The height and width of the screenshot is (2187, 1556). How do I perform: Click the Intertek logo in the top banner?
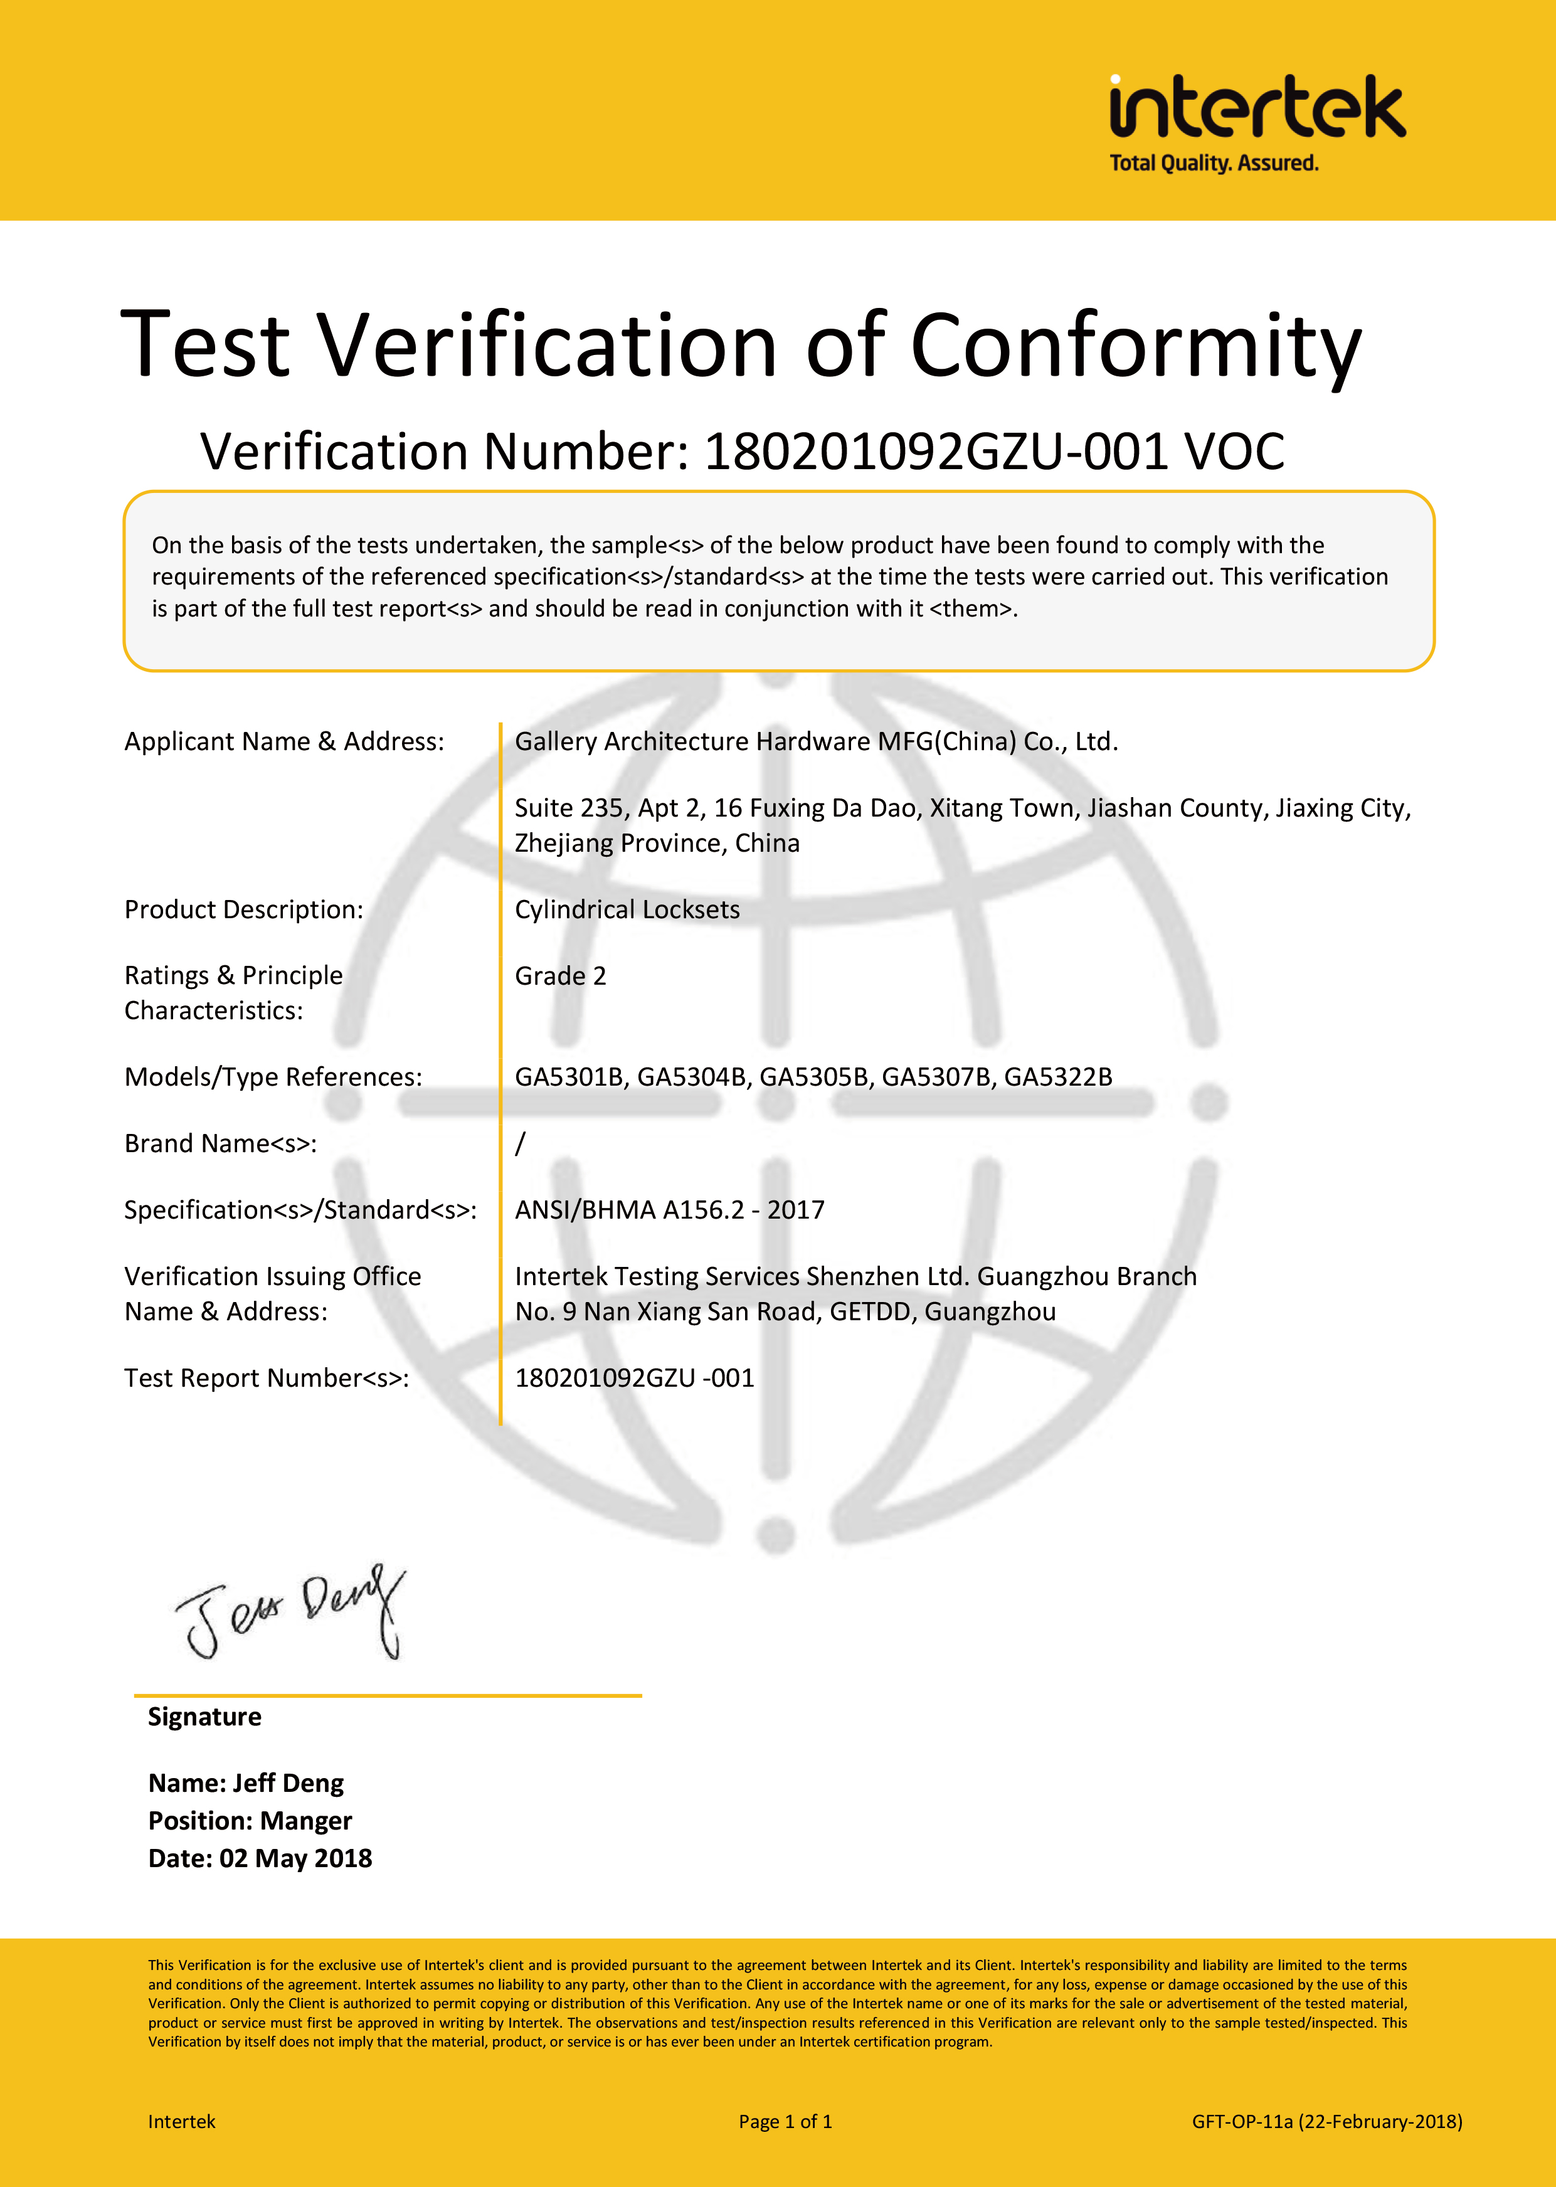[1257, 107]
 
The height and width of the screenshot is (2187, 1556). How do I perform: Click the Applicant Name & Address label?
[285, 741]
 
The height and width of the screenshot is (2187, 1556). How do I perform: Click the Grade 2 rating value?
[561, 976]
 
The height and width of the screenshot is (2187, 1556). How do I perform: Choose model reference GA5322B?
[1058, 1077]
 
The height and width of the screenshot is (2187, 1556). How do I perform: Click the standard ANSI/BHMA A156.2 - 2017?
[669, 1210]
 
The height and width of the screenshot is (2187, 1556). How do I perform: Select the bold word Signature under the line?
[204, 1717]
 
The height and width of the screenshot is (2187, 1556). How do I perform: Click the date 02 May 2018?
[295, 1858]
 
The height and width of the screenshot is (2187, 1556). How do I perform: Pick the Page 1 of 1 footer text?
[785, 2122]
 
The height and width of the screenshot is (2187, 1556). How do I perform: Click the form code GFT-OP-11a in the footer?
[1242, 2122]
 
